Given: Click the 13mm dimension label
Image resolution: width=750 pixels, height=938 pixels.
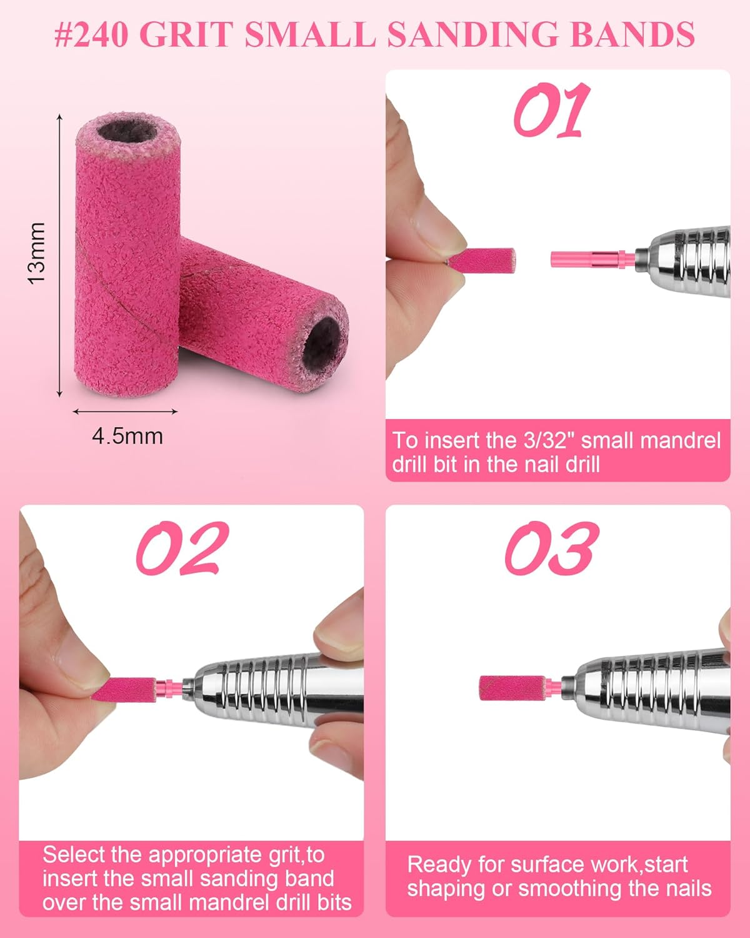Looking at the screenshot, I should pyautogui.click(x=37, y=253).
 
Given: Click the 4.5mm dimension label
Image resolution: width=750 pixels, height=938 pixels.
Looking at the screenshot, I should pyautogui.click(x=127, y=436).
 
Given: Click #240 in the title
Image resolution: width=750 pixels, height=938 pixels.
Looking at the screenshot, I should pyautogui.click(x=91, y=34).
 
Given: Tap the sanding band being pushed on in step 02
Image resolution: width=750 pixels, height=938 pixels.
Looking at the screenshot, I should pyautogui.click(x=132, y=688).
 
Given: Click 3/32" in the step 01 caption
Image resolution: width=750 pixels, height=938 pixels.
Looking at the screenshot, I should pyautogui.click(x=550, y=441).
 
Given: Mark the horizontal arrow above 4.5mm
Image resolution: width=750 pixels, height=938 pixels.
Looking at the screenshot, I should pyautogui.click(x=126, y=411).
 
